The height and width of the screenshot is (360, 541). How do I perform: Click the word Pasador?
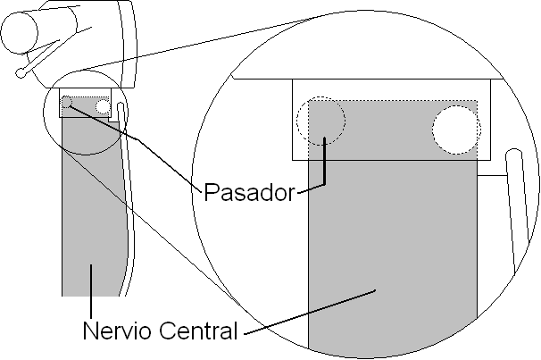pos(249,191)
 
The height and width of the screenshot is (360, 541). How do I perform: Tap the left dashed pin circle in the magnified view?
pos(321,120)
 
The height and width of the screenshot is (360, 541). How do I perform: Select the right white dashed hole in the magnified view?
pos(455,129)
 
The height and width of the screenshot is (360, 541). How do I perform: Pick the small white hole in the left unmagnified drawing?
pos(103,106)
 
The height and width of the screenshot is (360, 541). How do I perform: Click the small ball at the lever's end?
pos(20,72)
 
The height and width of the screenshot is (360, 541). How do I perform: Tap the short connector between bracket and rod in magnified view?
pos(493,176)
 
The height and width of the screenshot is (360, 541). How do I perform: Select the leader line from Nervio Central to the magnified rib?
pos(312,312)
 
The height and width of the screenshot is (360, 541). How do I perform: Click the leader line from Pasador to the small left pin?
pos(134,143)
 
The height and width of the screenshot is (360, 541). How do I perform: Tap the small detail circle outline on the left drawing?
pos(46,125)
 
